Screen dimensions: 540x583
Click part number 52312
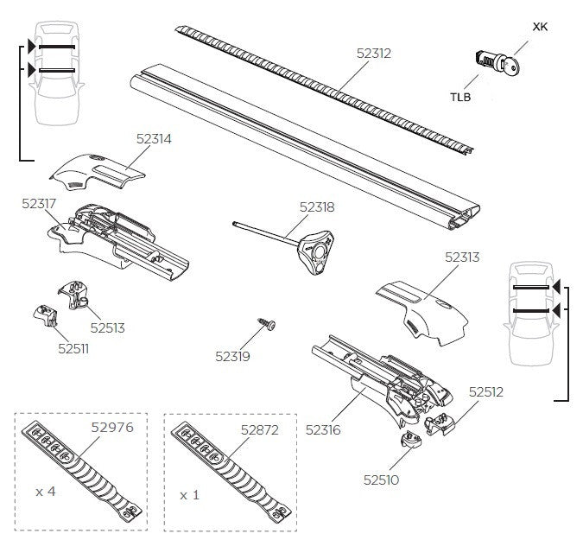coord(374,53)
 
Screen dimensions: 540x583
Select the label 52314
coord(154,137)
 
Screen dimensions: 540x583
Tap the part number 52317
coord(40,203)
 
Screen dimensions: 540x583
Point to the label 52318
coord(317,207)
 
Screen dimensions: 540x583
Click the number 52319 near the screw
coord(232,354)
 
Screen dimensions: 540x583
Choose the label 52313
coord(462,257)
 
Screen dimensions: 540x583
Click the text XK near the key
coord(540,27)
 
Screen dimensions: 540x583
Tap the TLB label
coord(460,97)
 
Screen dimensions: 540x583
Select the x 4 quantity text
coord(46,491)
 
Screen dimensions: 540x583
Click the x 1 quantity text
coord(190,496)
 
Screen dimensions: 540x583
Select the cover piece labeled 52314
coord(94,172)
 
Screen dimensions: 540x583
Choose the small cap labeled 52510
coord(410,443)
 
